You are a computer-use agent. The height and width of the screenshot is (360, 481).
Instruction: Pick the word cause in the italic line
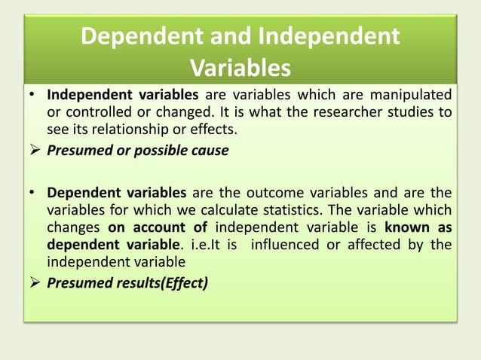tap(206, 150)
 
